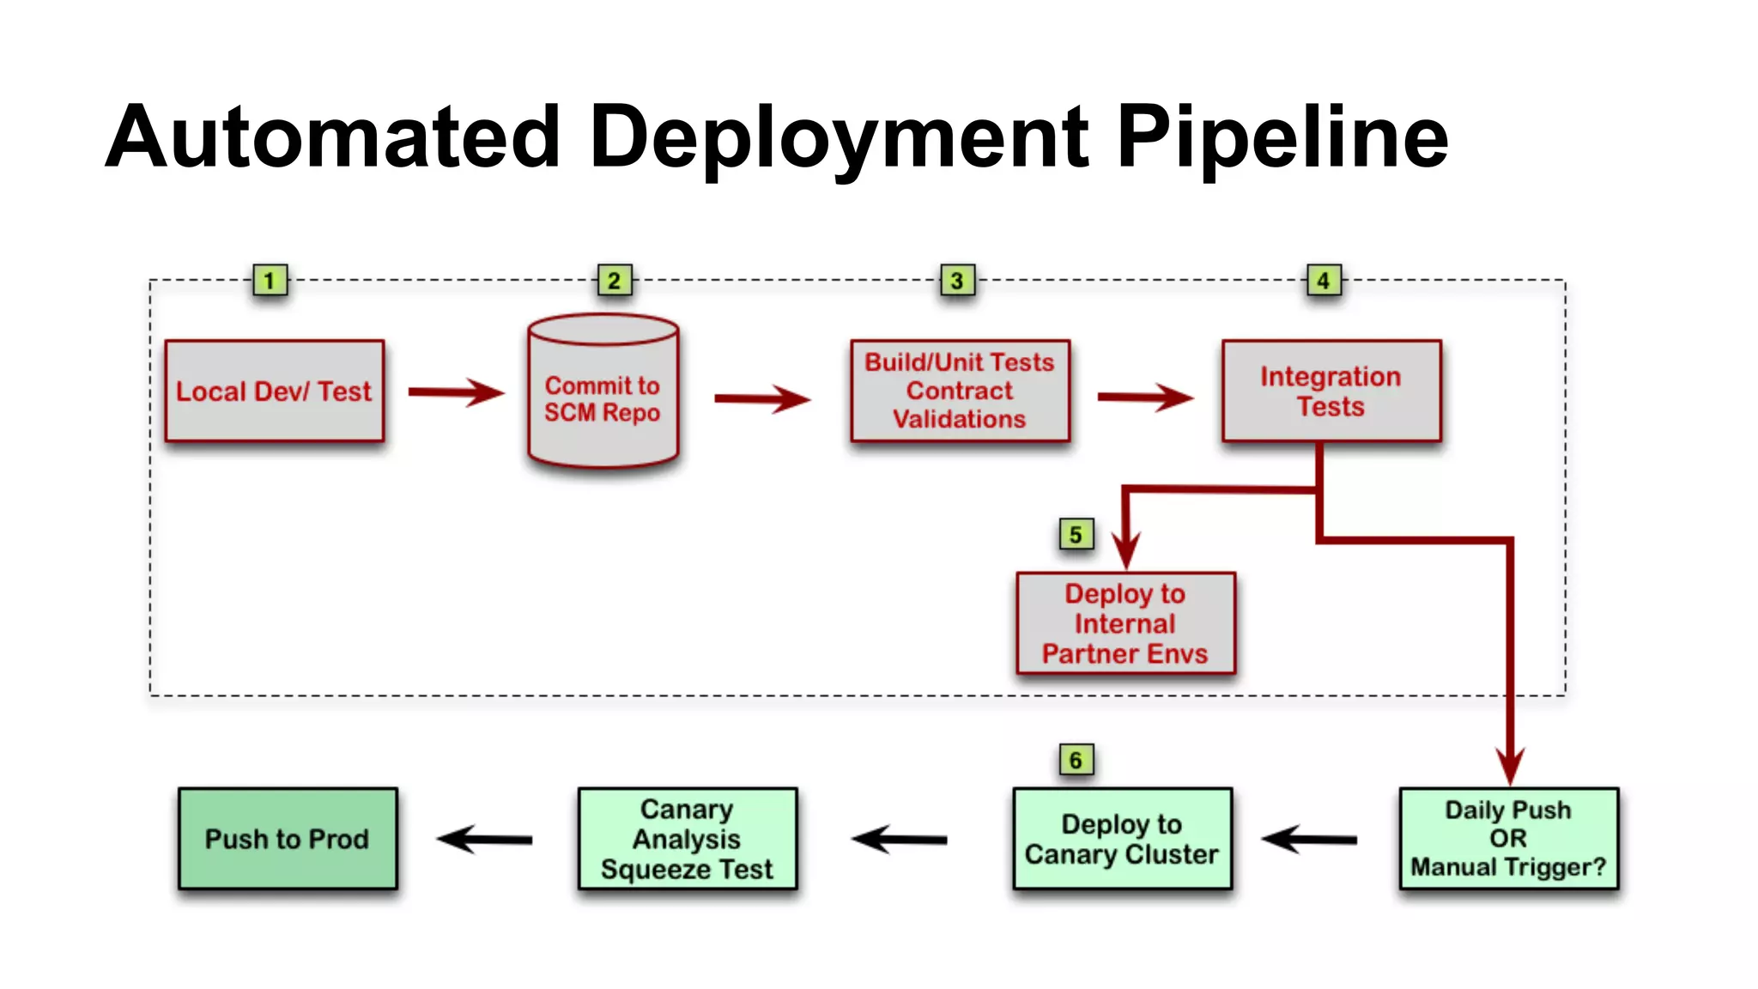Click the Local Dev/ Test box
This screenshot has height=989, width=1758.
click(274, 391)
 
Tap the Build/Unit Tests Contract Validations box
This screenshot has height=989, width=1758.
click(960, 391)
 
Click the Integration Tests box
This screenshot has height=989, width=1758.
click(1331, 391)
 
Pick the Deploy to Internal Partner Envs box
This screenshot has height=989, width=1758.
click(1125, 623)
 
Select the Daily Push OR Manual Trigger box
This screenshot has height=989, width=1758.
click(1508, 838)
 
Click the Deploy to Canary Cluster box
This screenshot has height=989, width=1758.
click(1122, 838)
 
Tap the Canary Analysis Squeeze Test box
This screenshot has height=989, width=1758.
click(687, 838)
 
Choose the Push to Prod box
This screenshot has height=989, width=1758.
click(288, 838)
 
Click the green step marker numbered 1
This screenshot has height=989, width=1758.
click(270, 281)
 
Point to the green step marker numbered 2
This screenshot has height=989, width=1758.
click(615, 281)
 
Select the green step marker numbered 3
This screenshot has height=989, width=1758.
click(957, 281)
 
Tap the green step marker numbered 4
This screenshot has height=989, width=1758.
click(1324, 281)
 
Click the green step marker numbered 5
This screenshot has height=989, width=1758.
click(1076, 535)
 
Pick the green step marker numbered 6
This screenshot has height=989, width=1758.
click(1076, 760)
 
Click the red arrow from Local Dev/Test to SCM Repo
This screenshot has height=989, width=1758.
click(455, 392)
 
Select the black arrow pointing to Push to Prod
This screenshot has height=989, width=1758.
click(485, 839)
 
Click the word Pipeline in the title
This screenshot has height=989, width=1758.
click(1282, 137)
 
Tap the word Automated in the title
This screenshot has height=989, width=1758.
click(333, 137)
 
